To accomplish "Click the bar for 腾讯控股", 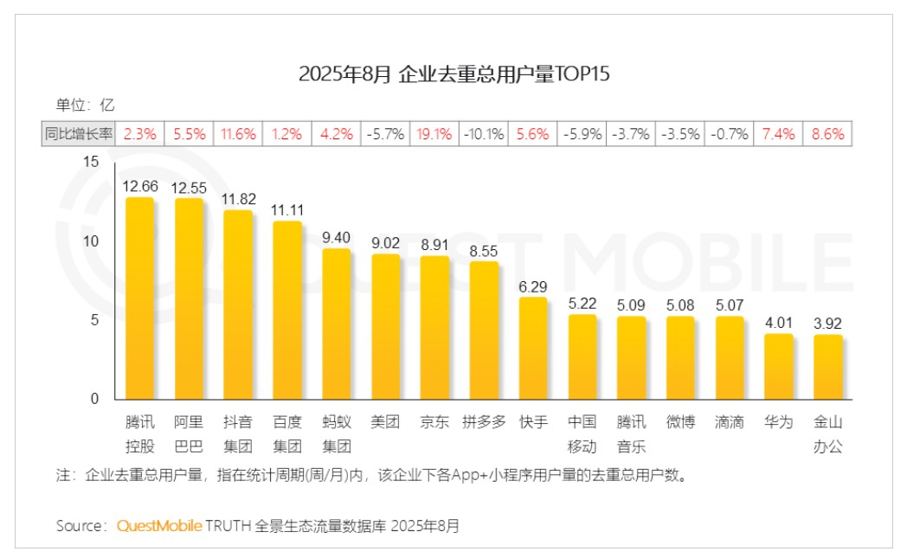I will point(139,298).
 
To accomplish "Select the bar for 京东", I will point(434,328).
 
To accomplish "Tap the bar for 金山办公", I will point(828,367).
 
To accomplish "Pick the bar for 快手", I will point(533,349).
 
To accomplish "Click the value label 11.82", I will point(238,198).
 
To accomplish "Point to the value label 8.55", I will point(484,250).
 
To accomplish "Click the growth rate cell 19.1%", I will point(434,134).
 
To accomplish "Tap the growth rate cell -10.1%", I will point(484,134).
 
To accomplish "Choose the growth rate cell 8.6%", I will point(828,134).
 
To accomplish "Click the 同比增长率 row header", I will point(79,134).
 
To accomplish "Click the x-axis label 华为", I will point(779,422).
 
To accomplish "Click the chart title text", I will point(454,74).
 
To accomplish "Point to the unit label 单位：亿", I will point(86,106).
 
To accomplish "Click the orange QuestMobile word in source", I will point(159,526).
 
